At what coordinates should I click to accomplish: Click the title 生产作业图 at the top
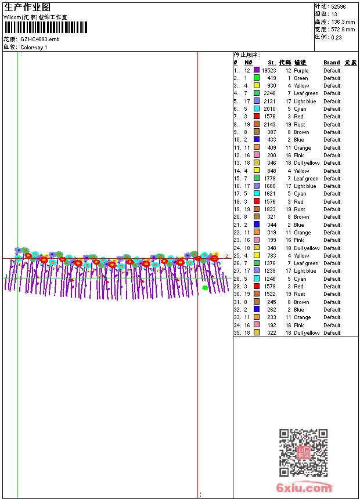click(x=27, y=7)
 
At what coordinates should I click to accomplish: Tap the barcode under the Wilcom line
click(x=46, y=27)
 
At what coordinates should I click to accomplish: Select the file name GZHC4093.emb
click(x=39, y=39)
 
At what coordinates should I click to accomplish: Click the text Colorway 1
click(x=34, y=47)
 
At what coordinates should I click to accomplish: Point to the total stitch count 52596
click(x=339, y=6)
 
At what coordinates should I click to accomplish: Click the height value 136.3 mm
click(x=343, y=21)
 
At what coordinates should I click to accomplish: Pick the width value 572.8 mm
click(x=343, y=29)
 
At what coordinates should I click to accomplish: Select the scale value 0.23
click(x=336, y=37)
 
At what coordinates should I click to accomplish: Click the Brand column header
click(x=332, y=63)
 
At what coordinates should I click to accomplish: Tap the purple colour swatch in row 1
click(x=257, y=70)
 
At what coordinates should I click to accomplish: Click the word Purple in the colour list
click(x=301, y=70)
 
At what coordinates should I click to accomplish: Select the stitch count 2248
click(x=270, y=93)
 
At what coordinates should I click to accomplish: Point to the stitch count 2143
click(x=270, y=124)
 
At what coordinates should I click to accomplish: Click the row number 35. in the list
click(x=237, y=333)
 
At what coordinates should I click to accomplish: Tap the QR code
click(x=303, y=453)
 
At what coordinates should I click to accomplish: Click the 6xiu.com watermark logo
click(x=304, y=488)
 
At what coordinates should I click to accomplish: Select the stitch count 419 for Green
click(x=272, y=78)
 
